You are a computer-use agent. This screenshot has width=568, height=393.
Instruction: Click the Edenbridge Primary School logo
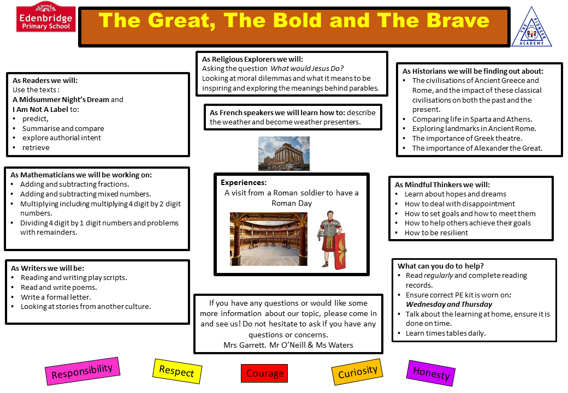(46, 17)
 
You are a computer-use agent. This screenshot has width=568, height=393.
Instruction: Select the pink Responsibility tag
(82, 371)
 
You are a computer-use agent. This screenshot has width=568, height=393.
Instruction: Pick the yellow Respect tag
(177, 371)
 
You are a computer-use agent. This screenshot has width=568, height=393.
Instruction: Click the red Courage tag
(264, 373)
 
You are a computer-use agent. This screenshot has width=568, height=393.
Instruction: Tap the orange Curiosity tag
(358, 372)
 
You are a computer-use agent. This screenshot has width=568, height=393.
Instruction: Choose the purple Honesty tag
(431, 373)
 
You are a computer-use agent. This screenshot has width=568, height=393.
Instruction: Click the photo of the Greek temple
(284, 153)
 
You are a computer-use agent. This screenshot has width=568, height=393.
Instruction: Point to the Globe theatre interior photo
(268, 239)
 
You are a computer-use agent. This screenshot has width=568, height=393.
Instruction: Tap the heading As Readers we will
(45, 80)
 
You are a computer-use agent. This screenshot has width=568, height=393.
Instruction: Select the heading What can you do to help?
(441, 266)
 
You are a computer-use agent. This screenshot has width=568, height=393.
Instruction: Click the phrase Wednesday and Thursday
(449, 305)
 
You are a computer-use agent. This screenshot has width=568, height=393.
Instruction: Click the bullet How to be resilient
(436, 233)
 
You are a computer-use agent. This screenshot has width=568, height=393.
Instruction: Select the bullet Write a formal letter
(56, 297)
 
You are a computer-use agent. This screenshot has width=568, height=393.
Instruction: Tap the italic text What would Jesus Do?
(307, 69)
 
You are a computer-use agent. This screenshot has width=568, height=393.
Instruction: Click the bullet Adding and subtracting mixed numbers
(86, 194)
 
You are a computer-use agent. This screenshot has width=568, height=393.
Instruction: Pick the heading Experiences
(244, 183)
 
